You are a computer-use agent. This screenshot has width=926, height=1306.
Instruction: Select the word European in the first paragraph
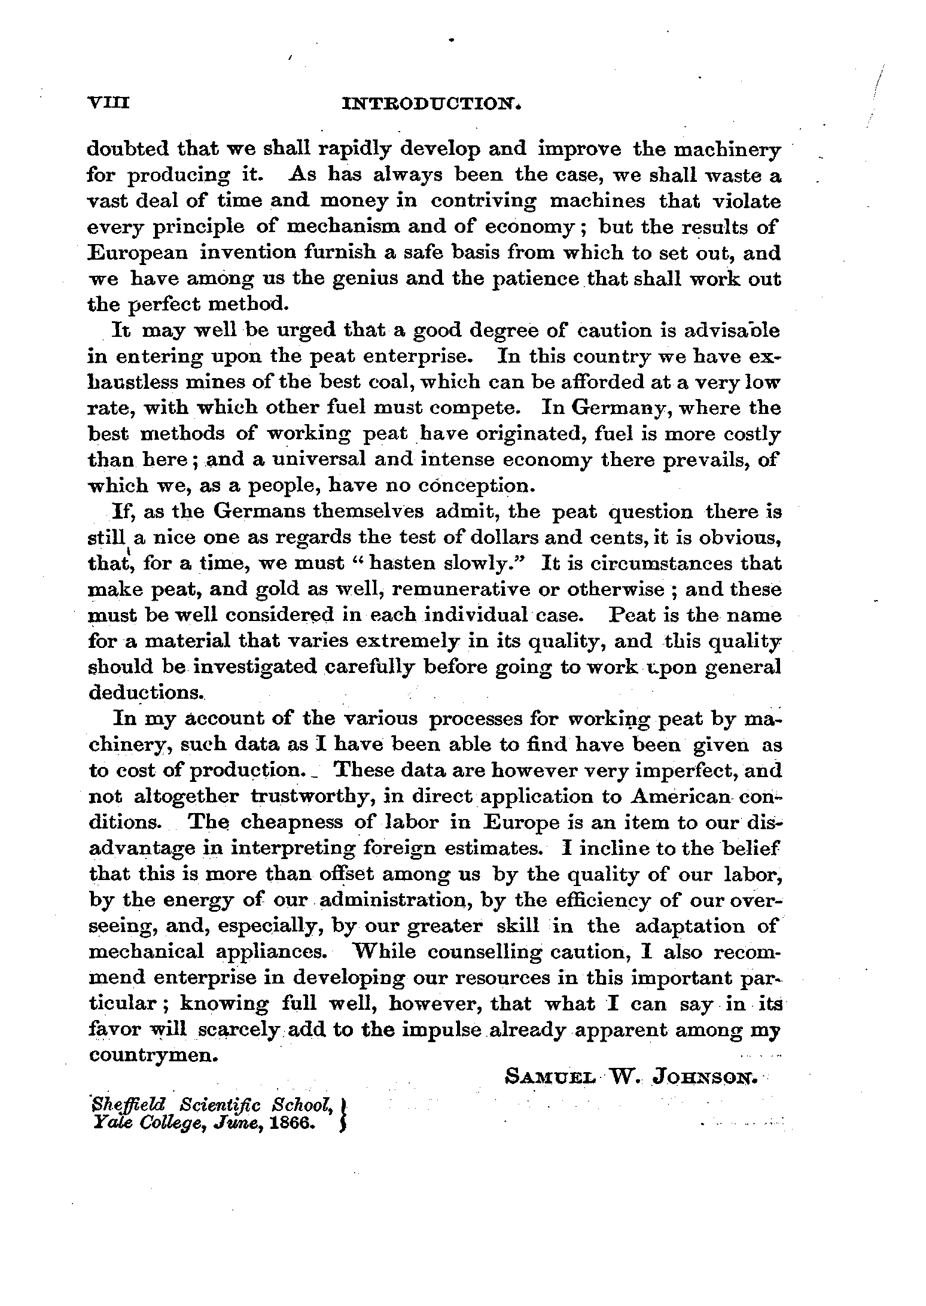click(x=138, y=253)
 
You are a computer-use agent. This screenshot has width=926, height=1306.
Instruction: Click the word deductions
click(x=145, y=692)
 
